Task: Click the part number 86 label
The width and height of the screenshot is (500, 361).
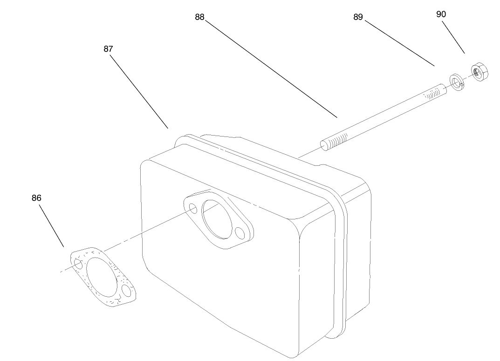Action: pos(36,198)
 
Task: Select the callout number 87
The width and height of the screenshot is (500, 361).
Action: pos(108,49)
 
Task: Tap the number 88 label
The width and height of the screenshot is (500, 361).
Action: pos(199,17)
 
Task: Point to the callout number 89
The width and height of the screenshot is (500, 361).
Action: pos(358,17)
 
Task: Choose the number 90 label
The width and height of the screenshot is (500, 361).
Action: pos(441,14)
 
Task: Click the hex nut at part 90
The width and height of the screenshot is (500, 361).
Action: pos(479,72)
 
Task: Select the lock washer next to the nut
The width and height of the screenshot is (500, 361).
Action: pos(457,82)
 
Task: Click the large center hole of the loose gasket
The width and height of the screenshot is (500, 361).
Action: pos(101,277)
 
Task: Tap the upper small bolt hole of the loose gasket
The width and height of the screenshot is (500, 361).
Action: pos(78,264)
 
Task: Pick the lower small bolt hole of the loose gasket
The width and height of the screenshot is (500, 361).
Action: pos(127,291)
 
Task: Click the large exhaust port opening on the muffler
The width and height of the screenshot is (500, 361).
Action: pos(216,219)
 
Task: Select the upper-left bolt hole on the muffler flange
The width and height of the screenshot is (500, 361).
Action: pos(193,209)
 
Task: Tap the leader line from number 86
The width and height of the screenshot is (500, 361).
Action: pos(51,225)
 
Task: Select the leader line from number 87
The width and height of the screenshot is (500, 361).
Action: pos(139,92)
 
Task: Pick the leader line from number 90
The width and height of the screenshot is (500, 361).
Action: pos(453,37)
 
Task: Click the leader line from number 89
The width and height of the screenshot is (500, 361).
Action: pos(399,43)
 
